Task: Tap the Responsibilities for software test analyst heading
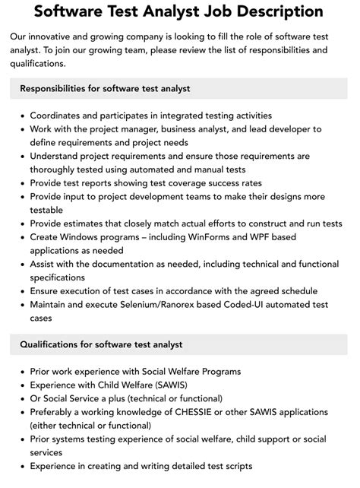105,89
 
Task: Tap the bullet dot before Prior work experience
20,372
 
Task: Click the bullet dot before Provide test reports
20,182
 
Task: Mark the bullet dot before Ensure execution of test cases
20,291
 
